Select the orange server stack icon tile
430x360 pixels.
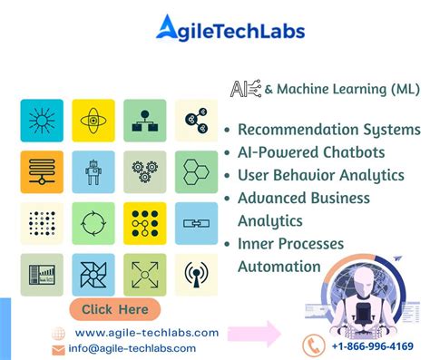coord(42,171)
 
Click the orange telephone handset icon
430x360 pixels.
coord(315,345)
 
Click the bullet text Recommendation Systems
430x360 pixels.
coord(327,130)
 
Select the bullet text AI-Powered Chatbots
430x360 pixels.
coord(311,151)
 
